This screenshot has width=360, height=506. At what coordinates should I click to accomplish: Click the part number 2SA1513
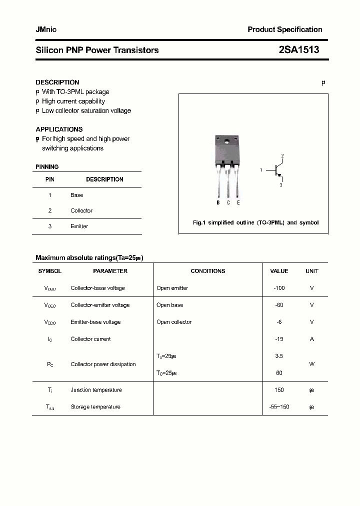pos(298,50)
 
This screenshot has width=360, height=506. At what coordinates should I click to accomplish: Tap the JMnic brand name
pos(46,29)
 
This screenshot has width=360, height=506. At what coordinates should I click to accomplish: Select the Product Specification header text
pos(284,29)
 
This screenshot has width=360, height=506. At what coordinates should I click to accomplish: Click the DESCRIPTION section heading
pos(57,82)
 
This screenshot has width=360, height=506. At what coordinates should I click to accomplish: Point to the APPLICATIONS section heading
pos(59,129)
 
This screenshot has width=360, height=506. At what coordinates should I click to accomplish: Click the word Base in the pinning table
pos(77,195)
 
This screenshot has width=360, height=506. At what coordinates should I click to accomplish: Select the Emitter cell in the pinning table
pos(79,226)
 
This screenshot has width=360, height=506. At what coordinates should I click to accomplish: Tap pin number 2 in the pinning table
pos(50,210)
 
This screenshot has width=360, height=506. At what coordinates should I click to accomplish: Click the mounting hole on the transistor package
pos(228,140)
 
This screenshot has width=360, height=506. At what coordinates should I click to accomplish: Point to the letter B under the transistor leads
pos(218,202)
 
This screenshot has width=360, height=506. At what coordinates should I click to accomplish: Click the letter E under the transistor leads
pos(238,202)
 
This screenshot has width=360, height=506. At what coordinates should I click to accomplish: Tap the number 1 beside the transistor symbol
pos(261,170)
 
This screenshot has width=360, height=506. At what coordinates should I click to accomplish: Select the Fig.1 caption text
pos(255,222)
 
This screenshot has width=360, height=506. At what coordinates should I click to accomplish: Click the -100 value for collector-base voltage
pos(279,288)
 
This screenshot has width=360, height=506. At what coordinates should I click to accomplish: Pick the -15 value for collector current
pos(279,339)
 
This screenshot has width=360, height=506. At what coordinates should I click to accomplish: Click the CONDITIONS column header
pos(208,271)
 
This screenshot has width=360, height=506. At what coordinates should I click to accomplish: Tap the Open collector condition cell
pos(174,322)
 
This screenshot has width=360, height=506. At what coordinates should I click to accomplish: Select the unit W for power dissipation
pos(312,364)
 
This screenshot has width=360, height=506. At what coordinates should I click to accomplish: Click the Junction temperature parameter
pos(96,390)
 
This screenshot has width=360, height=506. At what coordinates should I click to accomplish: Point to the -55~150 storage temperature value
pos(279,407)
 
